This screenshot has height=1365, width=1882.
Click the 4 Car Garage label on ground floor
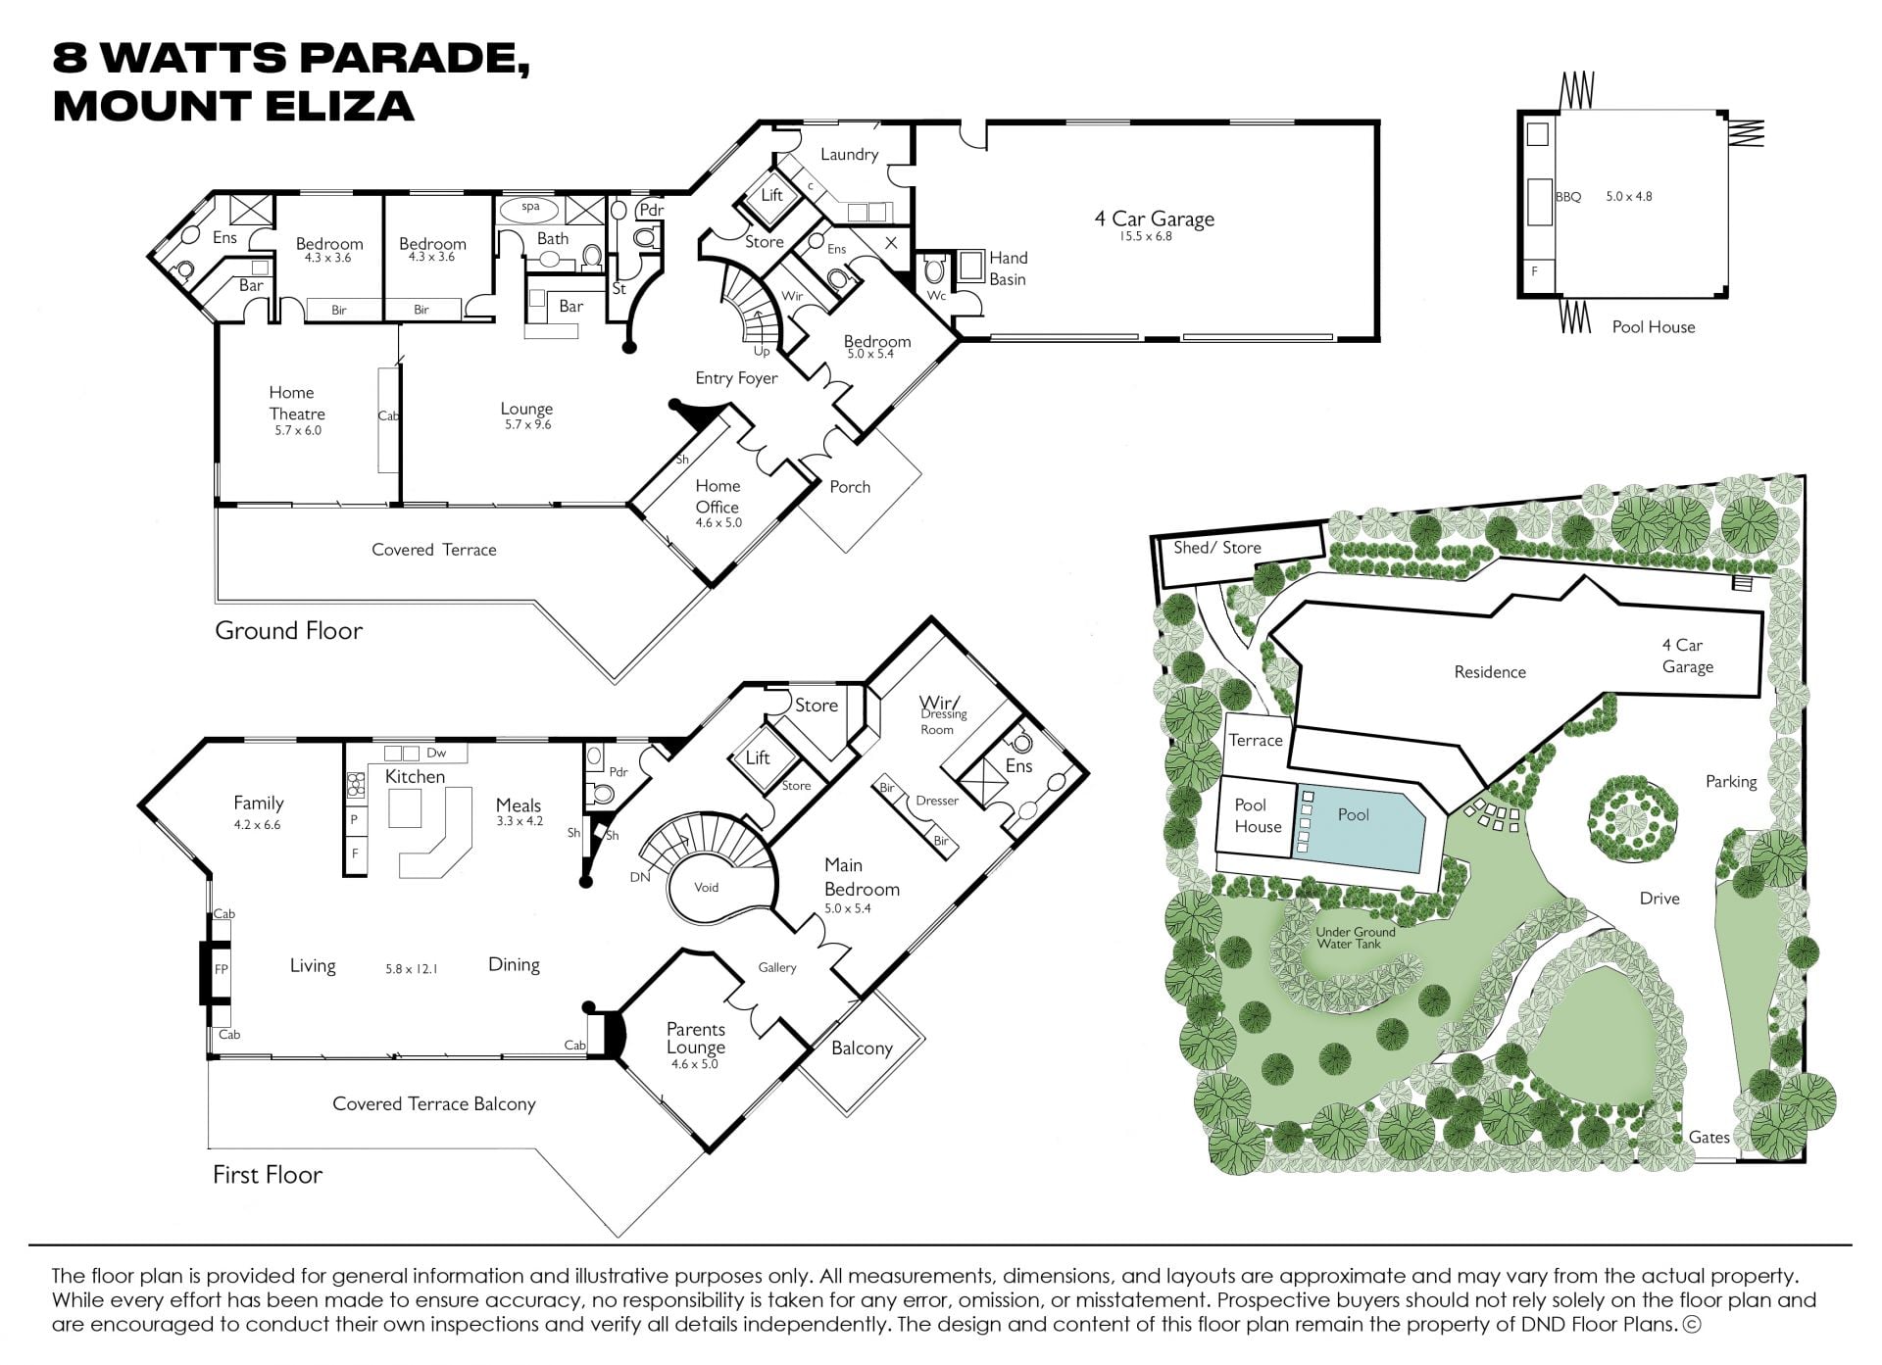click(x=1154, y=219)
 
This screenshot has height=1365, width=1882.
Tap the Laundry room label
click(x=849, y=154)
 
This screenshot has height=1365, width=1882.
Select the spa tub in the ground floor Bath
click(x=530, y=208)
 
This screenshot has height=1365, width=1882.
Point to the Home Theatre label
click(x=297, y=403)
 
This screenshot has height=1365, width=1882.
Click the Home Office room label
click(x=718, y=496)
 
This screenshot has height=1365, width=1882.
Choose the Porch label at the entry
click(x=850, y=487)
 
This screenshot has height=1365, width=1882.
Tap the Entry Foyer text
click(x=736, y=378)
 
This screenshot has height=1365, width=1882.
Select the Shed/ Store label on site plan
click(x=1217, y=548)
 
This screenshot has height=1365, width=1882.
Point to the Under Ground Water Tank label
click(x=1355, y=938)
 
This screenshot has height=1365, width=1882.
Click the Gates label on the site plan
click(x=1709, y=1137)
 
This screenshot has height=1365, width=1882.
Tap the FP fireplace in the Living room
click(x=221, y=969)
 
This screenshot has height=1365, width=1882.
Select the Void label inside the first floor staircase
click(x=707, y=888)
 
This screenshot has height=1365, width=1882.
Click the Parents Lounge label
click(x=696, y=1038)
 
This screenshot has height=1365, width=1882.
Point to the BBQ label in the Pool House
click(x=1568, y=197)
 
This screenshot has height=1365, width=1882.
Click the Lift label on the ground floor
click(x=772, y=195)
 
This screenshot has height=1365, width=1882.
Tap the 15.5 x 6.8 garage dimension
click(x=1146, y=236)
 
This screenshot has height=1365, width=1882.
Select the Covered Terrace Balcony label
click(x=434, y=1104)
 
